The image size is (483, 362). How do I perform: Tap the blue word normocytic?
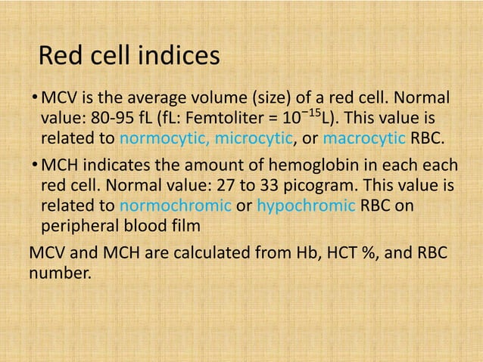(x=160, y=140)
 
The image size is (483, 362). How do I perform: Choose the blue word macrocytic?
(x=364, y=140)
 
